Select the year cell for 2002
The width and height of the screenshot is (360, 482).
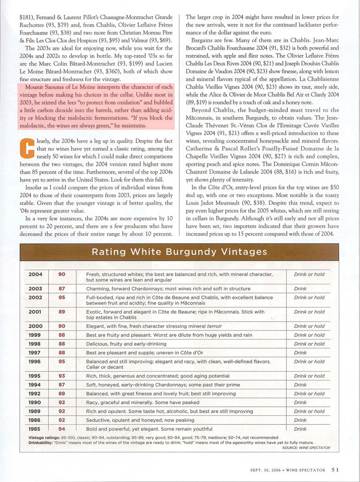[x=35, y=298]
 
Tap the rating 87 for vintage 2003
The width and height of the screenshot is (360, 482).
[x=62, y=289]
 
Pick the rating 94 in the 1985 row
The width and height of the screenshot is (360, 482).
[x=62, y=429]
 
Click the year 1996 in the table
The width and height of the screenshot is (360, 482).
[x=35, y=362]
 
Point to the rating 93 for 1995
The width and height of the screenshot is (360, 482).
[x=62, y=376]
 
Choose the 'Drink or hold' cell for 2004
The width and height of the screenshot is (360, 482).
[x=309, y=274]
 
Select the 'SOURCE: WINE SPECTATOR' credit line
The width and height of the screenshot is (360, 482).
[x=306, y=448]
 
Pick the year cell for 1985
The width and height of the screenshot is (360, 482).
[x=35, y=429]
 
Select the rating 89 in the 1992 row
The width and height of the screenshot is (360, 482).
[x=62, y=394]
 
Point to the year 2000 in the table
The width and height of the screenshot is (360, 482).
[x=35, y=326]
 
